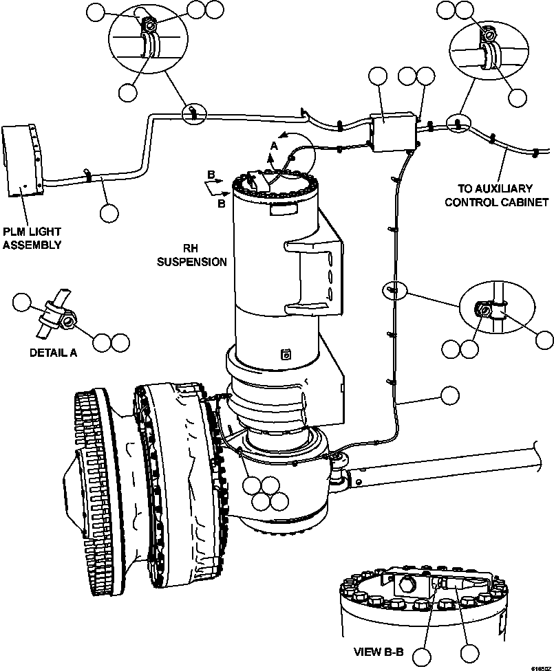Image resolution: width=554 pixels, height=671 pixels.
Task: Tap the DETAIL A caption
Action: click(x=52, y=353)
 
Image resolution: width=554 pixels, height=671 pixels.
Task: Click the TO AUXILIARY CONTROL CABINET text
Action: click(x=496, y=195)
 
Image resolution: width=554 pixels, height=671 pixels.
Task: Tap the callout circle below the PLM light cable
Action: click(x=108, y=212)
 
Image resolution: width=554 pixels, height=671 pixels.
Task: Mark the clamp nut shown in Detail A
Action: click(x=69, y=320)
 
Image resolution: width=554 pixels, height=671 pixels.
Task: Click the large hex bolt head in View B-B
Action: click(x=406, y=586)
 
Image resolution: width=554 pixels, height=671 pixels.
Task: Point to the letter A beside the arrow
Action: click(x=274, y=146)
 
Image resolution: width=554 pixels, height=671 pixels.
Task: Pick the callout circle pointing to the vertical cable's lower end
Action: click(x=449, y=395)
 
